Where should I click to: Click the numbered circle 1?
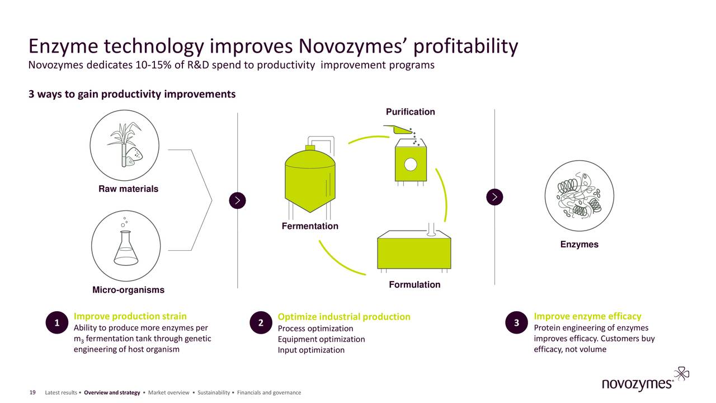(x=57, y=322)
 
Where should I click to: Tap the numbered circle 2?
(x=261, y=322)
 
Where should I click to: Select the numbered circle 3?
(x=516, y=322)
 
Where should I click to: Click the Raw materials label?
(x=128, y=189)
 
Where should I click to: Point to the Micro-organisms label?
(x=128, y=290)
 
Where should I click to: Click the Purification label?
(x=410, y=112)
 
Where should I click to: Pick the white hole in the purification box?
(x=411, y=164)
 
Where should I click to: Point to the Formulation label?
(x=414, y=285)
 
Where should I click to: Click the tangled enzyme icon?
(x=578, y=194)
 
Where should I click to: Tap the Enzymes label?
(x=579, y=245)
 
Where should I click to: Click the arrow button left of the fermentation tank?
(x=238, y=200)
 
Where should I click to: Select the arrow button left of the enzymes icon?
(x=495, y=197)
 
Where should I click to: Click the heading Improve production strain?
(x=130, y=316)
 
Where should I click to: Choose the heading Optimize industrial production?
(x=344, y=317)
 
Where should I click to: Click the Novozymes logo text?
(x=637, y=384)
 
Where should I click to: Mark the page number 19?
(x=32, y=392)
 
